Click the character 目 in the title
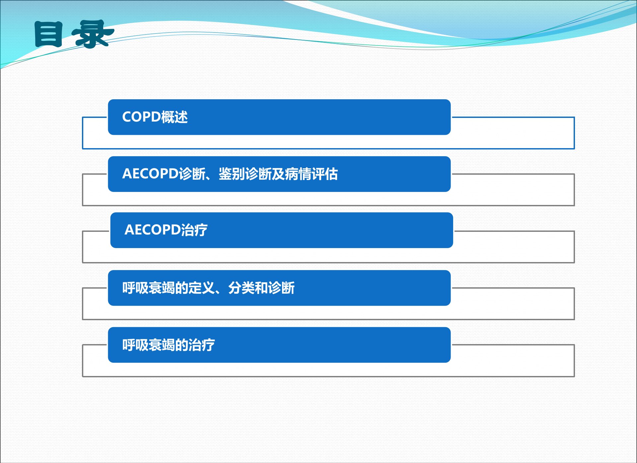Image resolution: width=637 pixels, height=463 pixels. click(x=48, y=34)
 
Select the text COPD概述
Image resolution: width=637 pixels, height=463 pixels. click(x=155, y=117)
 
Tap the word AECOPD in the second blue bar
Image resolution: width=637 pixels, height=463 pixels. click(x=150, y=174)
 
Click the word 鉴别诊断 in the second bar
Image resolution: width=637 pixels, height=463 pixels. click(x=245, y=174)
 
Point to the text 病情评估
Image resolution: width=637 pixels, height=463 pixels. click(x=311, y=174)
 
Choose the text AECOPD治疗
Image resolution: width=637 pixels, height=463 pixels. click(x=166, y=230)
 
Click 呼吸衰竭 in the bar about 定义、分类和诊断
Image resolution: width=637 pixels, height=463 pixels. click(x=149, y=288)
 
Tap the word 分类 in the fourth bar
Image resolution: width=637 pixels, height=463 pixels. click(x=242, y=288)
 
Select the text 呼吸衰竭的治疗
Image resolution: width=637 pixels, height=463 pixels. click(x=169, y=345)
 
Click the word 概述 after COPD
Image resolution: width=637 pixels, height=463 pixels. click(x=175, y=117)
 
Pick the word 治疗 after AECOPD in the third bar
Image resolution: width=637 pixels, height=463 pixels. click(x=194, y=230)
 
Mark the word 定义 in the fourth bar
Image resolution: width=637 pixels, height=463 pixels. click(x=202, y=288)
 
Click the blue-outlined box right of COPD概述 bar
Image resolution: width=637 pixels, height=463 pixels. click(x=574, y=133)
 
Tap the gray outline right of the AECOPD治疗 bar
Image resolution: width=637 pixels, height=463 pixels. click(x=574, y=247)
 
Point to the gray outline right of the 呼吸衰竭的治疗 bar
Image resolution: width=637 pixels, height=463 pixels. click(x=574, y=360)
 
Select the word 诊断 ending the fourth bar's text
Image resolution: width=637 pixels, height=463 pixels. click(x=281, y=288)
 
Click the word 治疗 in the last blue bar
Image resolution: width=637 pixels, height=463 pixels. click(x=202, y=345)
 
